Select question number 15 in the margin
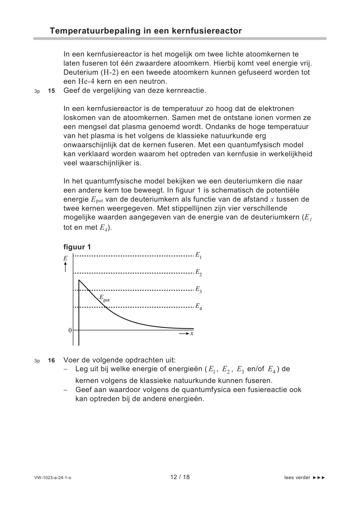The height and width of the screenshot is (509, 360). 51,91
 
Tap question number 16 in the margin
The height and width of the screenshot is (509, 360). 51,361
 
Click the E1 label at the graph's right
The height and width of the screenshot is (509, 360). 198,255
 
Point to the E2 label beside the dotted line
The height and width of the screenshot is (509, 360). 198,272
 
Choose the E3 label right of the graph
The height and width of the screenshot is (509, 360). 198,290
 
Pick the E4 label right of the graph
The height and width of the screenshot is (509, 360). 198,306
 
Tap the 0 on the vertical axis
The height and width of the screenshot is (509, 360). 70,330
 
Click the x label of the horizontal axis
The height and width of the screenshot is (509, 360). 192,333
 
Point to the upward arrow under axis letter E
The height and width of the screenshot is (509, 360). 65,267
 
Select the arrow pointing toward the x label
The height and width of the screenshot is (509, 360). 183,333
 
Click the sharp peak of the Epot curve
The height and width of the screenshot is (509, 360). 79,280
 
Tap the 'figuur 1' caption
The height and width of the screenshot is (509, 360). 77,247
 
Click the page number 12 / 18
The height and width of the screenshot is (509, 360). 180,477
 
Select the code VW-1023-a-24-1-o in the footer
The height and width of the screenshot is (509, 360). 53,478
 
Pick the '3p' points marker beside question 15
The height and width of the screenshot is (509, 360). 37,91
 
